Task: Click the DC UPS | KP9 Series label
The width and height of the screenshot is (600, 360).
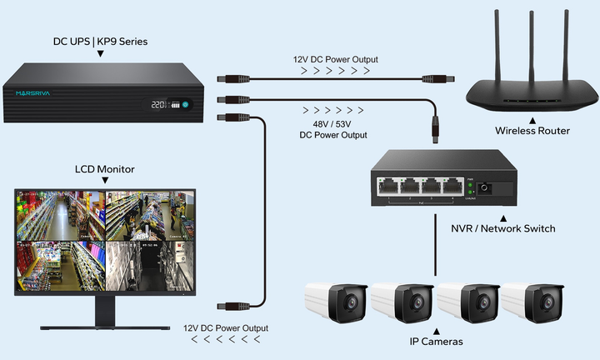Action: point(100,40)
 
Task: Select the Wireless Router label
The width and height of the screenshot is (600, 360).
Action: point(532,131)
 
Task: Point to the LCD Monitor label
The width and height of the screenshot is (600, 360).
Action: point(105,169)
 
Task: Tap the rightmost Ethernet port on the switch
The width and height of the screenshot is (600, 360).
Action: point(452,186)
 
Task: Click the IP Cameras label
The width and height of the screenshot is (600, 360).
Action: point(436,342)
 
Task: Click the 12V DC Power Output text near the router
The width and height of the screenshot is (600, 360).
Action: point(336,59)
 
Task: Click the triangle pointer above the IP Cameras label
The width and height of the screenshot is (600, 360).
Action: point(436,329)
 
